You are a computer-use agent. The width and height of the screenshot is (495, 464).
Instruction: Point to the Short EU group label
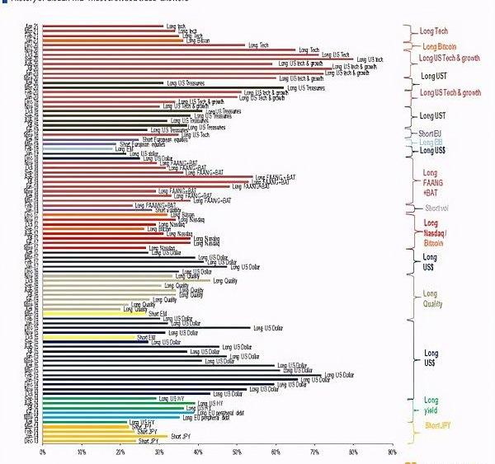pyautogui.click(x=431, y=134)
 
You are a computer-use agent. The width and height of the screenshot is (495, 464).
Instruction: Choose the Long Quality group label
pyautogui.click(x=433, y=298)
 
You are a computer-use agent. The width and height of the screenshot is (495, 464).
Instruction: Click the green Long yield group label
pyautogui.click(x=431, y=405)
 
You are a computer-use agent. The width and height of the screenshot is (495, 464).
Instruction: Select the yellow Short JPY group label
pyautogui.click(x=438, y=425)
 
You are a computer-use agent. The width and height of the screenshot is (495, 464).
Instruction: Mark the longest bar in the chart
pyautogui.click(x=198, y=59)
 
